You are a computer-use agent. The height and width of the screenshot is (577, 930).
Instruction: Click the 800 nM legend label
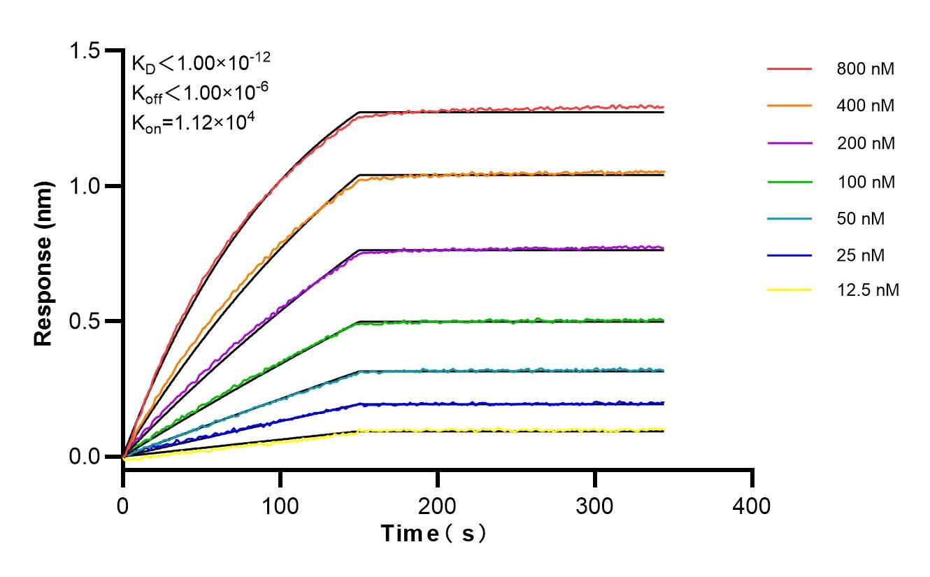point(865,70)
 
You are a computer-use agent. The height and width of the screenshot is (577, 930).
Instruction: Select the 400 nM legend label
point(865,106)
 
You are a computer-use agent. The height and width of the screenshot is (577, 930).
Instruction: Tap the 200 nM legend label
point(865,143)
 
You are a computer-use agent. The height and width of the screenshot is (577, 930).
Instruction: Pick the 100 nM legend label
point(865,182)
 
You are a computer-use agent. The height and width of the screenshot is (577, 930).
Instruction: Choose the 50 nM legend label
point(861,219)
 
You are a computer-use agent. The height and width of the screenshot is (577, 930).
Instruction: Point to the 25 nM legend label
point(861,256)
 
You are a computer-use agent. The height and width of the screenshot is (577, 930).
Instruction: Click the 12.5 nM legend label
point(867,290)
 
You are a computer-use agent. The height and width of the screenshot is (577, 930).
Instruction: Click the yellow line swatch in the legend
point(789,290)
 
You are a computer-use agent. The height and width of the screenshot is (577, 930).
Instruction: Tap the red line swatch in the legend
point(789,70)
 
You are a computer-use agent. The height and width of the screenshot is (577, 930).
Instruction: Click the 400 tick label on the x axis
point(752,505)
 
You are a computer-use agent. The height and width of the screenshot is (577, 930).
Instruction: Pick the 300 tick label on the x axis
point(595,505)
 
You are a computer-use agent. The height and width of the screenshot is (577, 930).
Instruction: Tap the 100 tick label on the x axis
point(280,505)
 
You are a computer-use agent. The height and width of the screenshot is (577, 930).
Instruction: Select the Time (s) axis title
point(433,534)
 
